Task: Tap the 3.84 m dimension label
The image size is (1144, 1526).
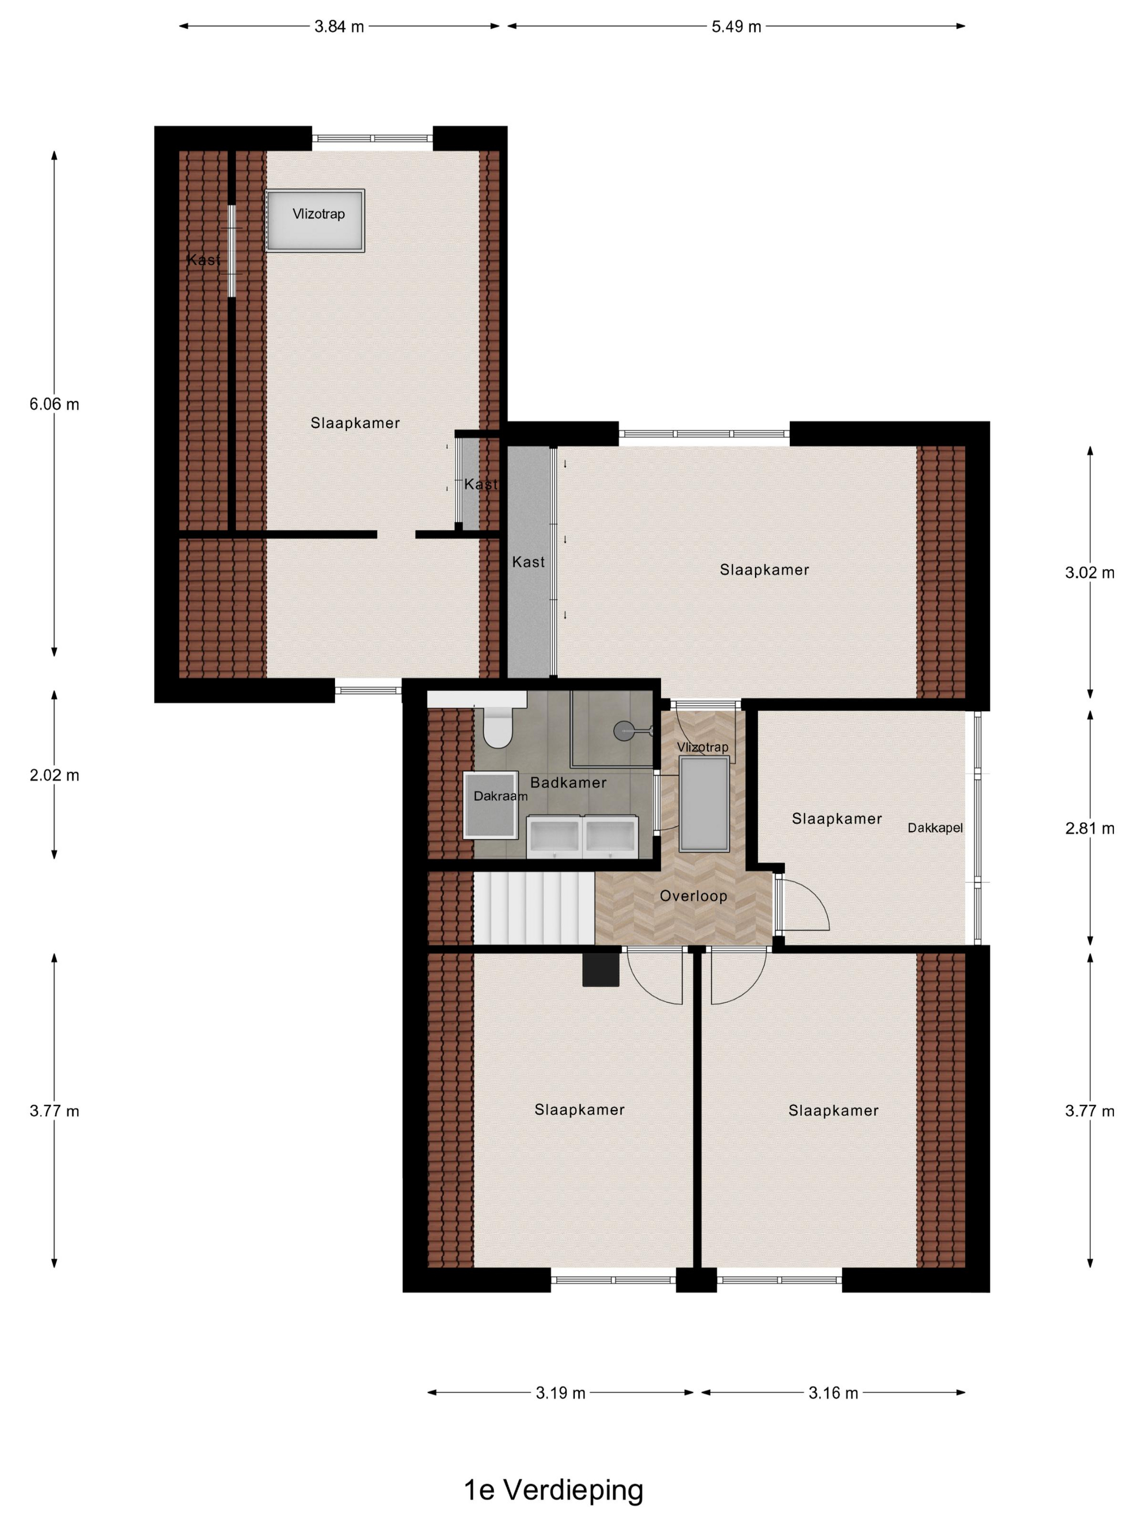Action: pyautogui.click(x=339, y=27)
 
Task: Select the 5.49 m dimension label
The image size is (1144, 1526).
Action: pyautogui.click(x=736, y=27)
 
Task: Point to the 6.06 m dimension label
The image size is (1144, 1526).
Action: pyautogui.click(x=54, y=404)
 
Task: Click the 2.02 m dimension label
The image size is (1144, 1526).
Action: pyautogui.click(x=54, y=775)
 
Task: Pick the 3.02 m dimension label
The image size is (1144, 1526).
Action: pyautogui.click(x=1090, y=573)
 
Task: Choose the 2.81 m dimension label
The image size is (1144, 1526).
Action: pyautogui.click(x=1090, y=828)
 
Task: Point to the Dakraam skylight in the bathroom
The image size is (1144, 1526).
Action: pyautogui.click(x=491, y=804)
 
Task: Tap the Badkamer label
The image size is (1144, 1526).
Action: pyautogui.click(x=568, y=782)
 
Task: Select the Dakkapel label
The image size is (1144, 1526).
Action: pyautogui.click(x=935, y=828)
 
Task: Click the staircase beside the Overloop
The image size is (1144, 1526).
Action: pyautogui.click(x=533, y=907)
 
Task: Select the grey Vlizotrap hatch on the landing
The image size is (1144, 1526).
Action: pyautogui.click(x=704, y=804)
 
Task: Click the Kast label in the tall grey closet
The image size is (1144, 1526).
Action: pyautogui.click(x=528, y=562)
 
